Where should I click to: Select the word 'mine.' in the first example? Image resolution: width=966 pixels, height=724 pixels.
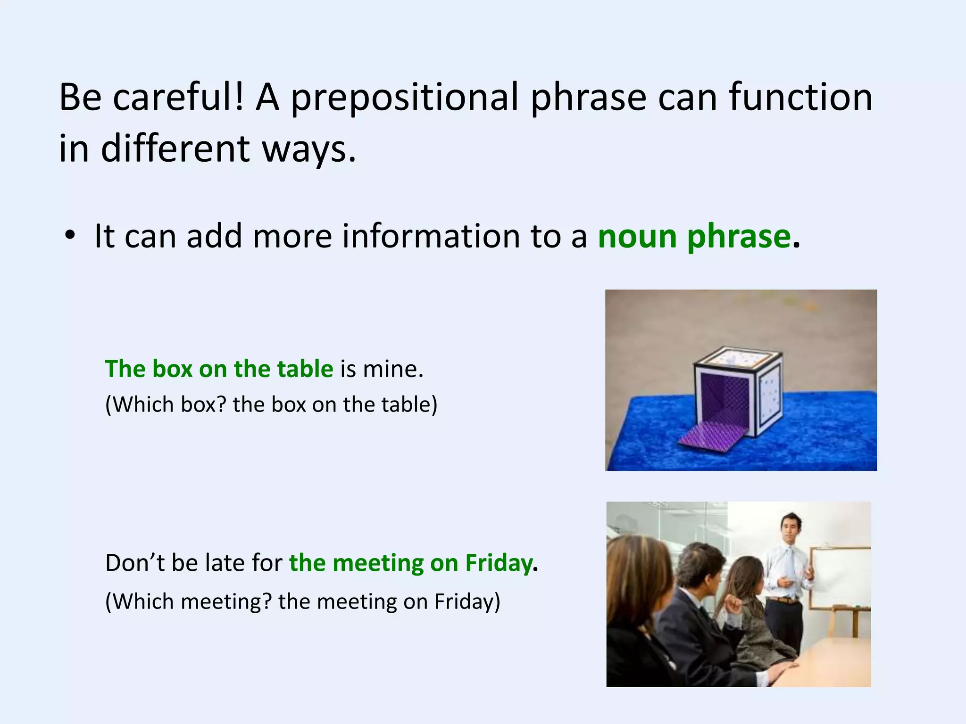393,369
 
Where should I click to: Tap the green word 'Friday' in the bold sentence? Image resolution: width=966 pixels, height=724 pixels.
499,563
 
